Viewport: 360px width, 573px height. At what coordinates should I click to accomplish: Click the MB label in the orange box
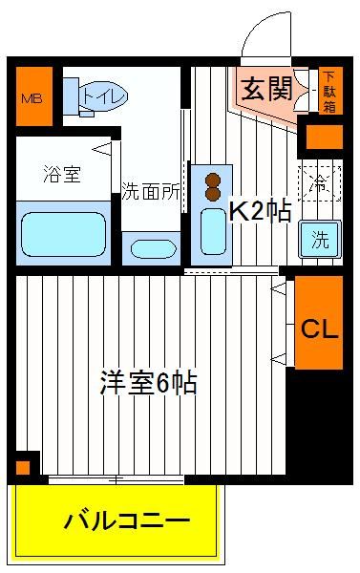(x=32, y=98)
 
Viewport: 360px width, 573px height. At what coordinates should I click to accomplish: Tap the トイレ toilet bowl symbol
(x=104, y=96)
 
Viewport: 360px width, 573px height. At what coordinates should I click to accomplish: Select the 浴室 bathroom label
(x=62, y=174)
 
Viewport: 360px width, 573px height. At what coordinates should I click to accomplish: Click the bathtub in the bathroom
(x=64, y=234)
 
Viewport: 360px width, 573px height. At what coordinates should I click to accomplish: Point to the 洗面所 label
(x=151, y=190)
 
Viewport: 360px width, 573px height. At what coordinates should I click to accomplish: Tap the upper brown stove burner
(x=213, y=180)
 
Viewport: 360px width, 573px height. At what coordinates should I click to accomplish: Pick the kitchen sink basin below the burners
(x=214, y=232)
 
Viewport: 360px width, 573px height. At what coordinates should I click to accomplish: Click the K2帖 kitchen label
(x=260, y=211)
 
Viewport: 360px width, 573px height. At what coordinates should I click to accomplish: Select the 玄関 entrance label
(x=267, y=89)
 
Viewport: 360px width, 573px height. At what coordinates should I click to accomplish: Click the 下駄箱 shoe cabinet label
(x=329, y=92)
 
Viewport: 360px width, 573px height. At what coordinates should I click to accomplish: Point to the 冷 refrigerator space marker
(x=320, y=183)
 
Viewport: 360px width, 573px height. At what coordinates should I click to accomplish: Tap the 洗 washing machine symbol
(x=320, y=240)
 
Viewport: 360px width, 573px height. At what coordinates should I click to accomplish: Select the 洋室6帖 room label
(x=149, y=382)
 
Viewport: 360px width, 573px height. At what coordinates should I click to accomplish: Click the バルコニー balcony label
(x=127, y=521)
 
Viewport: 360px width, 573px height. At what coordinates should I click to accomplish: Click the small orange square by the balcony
(x=23, y=467)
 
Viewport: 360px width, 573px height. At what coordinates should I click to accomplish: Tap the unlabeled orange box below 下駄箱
(x=324, y=137)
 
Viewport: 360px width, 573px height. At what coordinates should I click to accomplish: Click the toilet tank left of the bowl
(x=71, y=95)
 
